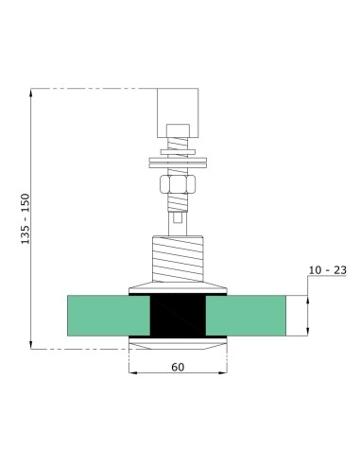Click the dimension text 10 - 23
(328, 270)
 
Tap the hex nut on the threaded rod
(177, 182)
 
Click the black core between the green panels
(177, 317)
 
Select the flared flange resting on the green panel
(177, 285)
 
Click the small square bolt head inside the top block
(177, 130)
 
